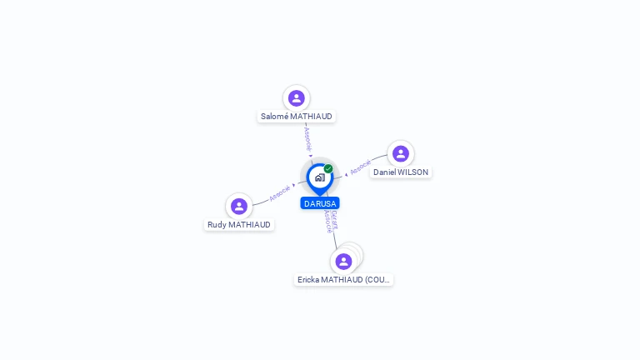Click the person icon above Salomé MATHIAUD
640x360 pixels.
(x=296, y=98)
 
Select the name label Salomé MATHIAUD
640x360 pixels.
(x=297, y=117)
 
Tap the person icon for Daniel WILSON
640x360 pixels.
(x=401, y=153)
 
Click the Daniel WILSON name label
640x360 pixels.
(x=401, y=172)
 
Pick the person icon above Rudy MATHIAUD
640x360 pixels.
(x=239, y=206)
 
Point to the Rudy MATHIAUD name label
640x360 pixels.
(x=239, y=225)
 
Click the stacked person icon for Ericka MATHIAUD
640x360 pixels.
(x=343, y=261)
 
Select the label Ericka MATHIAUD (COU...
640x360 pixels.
(x=344, y=280)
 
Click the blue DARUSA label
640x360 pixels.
(x=320, y=203)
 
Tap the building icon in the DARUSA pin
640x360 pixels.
(x=319, y=177)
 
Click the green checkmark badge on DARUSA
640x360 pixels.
(x=328, y=168)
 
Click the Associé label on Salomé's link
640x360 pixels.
(x=307, y=137)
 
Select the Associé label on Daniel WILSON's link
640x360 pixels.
(x=360, y=167)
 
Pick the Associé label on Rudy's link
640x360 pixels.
(x=280, y=193)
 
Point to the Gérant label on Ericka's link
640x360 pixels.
(x=334, y=218)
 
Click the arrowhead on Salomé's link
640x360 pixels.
(x=311, y=156)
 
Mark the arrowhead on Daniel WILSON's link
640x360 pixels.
(x=346, y=175)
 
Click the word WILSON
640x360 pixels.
(x=413, y=172)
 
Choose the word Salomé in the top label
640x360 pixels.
(x=274, y=117)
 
